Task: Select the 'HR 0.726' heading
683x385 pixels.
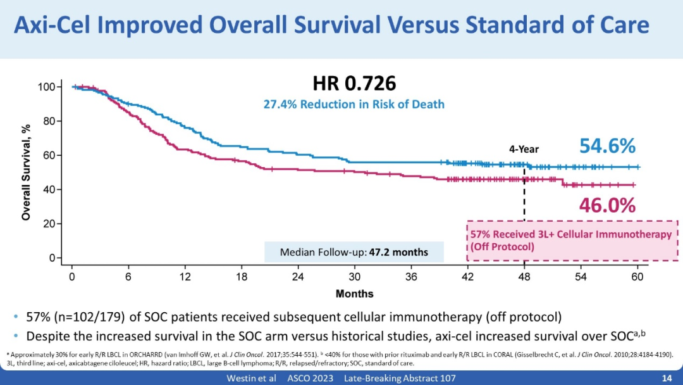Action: point(354,83)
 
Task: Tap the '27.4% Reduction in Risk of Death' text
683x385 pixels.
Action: point(354,104)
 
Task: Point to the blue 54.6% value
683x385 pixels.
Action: point(607,146)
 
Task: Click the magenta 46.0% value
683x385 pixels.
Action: point(607,205)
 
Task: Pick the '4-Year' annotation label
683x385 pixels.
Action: point(524,149)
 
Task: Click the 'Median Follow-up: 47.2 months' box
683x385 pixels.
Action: point(354,252)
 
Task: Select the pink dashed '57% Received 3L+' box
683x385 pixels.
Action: point(572,240)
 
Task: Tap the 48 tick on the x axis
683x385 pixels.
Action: point(524,277)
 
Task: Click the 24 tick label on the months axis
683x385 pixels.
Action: point(298,277)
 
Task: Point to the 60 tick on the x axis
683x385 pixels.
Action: point(637,277)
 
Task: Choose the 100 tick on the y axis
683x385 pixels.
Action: point(49,87)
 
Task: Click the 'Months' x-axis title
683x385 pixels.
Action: point(354,294)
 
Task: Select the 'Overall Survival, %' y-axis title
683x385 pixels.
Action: point(26,172)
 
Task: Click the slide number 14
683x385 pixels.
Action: point(666,378)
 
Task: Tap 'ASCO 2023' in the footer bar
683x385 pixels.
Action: point(304,378)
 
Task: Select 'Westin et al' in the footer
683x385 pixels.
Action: point(251,378)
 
